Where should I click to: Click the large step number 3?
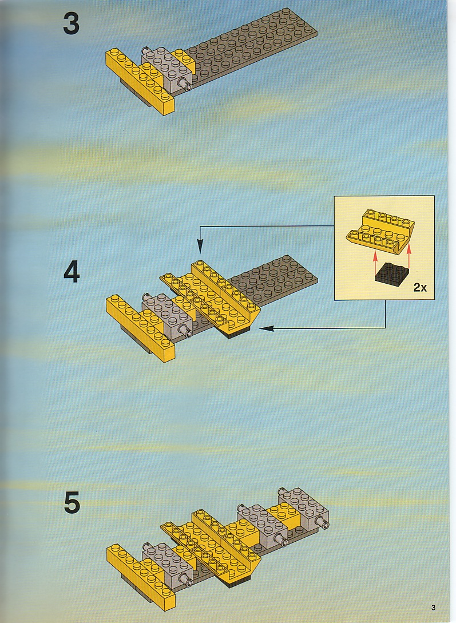pyautogui.click(x=71, y=23)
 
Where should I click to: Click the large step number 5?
pyautogui.click(x=72, y=503)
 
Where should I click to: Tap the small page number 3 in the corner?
pyautogui.click(x=433, y=608)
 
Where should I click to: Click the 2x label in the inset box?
pyautogui.click(x=420, y=287)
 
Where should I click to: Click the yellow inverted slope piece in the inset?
pyautogui.click(x=380, y=231)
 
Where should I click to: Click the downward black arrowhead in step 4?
pyautogui.click(x=200, y=247)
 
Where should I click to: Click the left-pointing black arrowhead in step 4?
pyautogui.click(x=267, y=328)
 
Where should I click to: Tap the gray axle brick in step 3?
pyautogui.click(x=166, y=68)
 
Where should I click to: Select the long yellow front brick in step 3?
pyautogui.click(x=140, y=81)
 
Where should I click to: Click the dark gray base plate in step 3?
pyautogui.click(x=250, y=47)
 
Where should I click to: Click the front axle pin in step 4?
pyautogui.click(x=185, y=331)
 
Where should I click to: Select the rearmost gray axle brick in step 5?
pyautogui.click(x=304, y=507)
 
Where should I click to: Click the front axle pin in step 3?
pyautogui.click(x=185, y=84)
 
